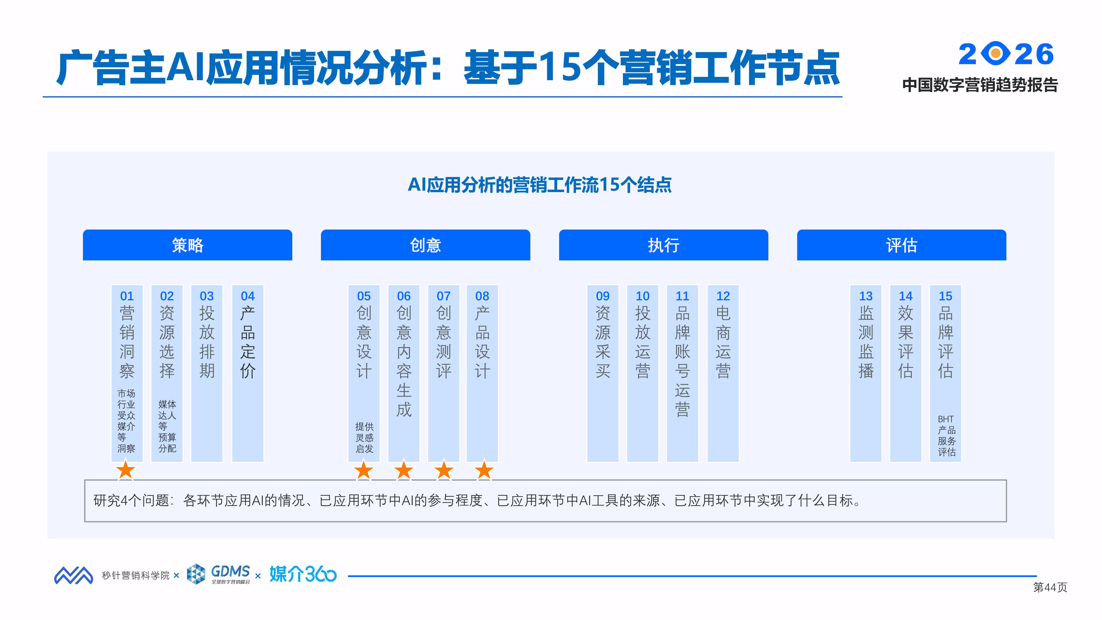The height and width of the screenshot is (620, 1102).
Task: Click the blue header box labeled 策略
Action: (187, 245)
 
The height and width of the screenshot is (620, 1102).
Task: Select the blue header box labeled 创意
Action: (425, 245)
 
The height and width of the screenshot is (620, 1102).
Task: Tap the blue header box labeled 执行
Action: (663, 245)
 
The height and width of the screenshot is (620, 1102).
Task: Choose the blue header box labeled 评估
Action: (901, 245)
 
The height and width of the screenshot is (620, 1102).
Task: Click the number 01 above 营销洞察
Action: (127, 296)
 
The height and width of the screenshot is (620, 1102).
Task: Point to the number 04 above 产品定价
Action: (248, 296)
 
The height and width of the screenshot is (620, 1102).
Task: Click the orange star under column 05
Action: (364, 470)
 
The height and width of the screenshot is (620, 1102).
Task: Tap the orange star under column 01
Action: (126, 470)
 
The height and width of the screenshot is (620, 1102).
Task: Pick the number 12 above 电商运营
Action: (723, 296)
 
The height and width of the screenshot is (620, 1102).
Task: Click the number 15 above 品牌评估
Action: (946, 296)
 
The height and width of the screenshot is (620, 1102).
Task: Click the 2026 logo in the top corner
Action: (1006, 54)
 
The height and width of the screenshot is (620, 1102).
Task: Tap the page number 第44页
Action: (1050, 587)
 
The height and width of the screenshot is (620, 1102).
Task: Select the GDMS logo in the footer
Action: (219, 574)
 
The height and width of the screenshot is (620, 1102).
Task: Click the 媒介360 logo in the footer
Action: (303, 574)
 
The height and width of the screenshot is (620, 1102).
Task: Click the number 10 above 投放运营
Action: (642, 296)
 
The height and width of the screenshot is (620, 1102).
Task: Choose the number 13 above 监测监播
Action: (866, 296)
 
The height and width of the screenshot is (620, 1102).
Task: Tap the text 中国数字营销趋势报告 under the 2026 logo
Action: (980, 85)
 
